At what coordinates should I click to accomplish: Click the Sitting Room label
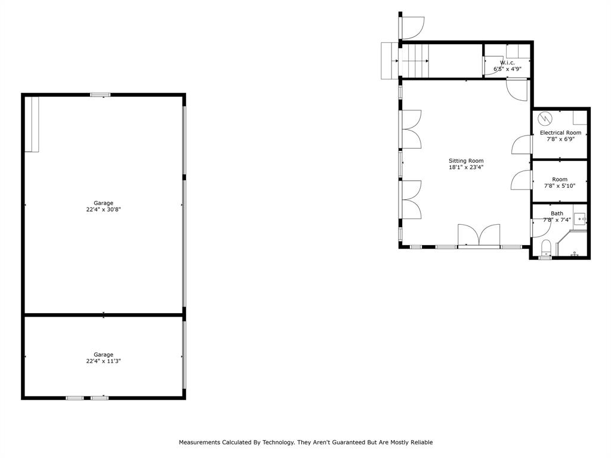pos(466,160)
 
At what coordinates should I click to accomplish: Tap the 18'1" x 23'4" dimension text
pos(466,168)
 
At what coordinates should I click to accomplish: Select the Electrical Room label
pos(560,132)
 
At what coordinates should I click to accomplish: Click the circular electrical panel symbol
pos(544,117)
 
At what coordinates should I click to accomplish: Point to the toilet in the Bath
pos(545,247)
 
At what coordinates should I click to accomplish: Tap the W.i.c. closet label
pos(507,63)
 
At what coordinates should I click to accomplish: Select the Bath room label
pos(557,213)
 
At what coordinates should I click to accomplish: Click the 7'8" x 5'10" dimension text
pos(560,186)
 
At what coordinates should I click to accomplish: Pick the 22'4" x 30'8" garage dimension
pos(103,209)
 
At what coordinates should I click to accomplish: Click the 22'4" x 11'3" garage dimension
pos(103,361)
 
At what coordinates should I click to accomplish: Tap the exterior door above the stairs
pos(412,27)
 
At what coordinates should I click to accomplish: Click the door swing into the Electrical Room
pos(522,145)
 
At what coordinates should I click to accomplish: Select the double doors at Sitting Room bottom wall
pos(479,235)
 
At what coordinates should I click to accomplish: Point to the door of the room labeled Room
pos(521,180)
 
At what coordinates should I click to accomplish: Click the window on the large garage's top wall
pos(100,94)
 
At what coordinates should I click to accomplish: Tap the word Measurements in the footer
pos(199,442)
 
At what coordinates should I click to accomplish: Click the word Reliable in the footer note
pos(421,442)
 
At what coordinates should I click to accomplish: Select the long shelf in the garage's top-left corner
pos(32,124)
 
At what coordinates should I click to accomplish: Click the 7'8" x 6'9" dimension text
pos(560,139)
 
